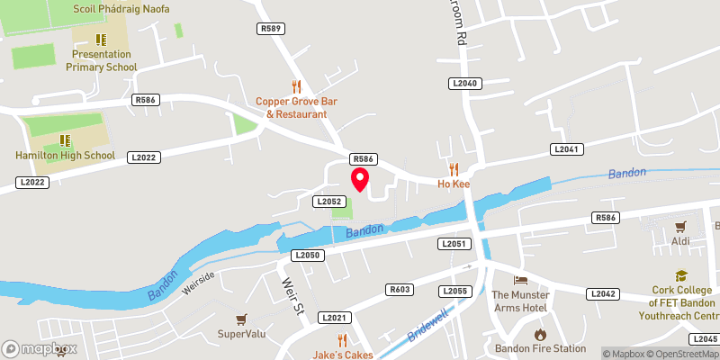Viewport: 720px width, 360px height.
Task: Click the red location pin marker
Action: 360,179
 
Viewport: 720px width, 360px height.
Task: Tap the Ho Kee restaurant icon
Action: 454,168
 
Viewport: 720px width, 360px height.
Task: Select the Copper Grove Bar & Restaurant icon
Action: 296,86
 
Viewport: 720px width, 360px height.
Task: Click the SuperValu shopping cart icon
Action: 241,319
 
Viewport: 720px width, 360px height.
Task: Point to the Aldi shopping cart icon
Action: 680,227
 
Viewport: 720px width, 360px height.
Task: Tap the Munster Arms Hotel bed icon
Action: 519,280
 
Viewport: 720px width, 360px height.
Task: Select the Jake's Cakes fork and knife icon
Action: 342,339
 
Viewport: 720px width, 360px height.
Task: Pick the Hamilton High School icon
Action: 65,140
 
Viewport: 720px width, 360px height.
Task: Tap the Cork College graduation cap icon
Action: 681,276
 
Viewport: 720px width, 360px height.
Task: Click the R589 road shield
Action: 270,29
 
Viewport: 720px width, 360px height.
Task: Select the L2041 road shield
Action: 567,148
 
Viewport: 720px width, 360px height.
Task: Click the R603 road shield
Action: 400,290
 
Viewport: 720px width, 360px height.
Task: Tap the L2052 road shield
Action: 327,202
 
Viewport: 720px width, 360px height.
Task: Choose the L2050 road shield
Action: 307,256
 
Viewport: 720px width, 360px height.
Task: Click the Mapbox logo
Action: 39,348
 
